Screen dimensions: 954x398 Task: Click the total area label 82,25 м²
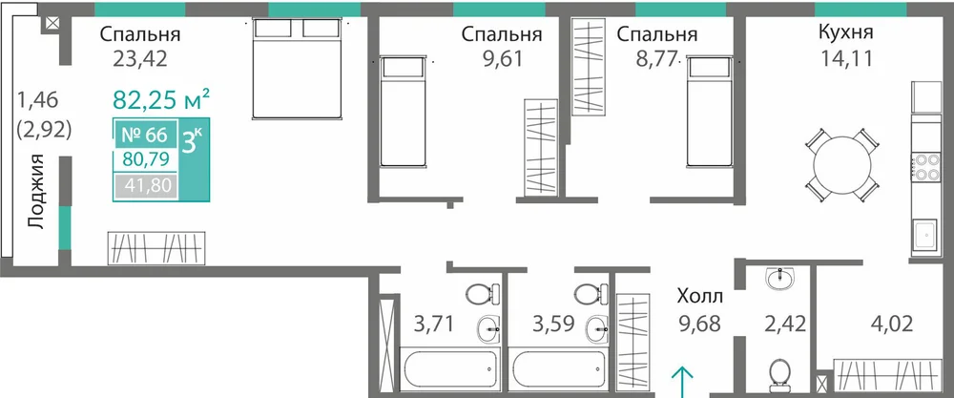pyautogui.click(x=162, y=99)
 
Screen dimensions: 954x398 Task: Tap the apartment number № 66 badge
pyautogui.click(x=145, y=136)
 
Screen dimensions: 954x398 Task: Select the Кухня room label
pyautogui.click(x=845, y=32)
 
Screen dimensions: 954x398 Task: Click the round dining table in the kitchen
pyautogui.click(x=842, y=164)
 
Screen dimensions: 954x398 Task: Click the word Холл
pyautogui.click(x=700, y=297)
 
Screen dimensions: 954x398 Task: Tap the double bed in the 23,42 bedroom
pyautogui.click(x=297, y=68)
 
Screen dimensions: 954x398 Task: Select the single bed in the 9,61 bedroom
pyautogui.click(x=402, y=111)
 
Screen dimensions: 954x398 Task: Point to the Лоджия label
pyautogui.click(x=37, y=192)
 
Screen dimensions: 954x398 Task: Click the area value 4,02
pyautogui.click(x=892, y=324)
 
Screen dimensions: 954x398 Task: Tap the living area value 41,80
pyautogui.click(x=145, y=184)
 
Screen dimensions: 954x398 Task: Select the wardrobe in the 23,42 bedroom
pyautogui.click(x=156, y=248)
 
